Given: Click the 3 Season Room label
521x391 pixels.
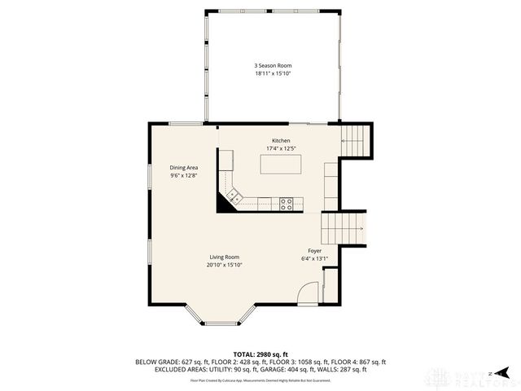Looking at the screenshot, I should click(272, 65).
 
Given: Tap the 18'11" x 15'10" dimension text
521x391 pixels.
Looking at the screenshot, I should click(272, 73).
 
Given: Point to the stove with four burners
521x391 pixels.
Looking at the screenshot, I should click(287, 203).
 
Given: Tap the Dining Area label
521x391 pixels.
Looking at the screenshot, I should click(184, 168).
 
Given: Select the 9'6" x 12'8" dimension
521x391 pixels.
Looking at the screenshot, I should click(184, 176).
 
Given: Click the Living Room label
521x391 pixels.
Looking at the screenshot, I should click(224, 257).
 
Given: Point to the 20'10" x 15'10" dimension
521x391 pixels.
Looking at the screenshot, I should click(224, 265).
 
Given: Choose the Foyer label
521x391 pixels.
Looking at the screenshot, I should click(314, 251).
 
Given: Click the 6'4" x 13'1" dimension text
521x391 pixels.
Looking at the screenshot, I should click(314, 259).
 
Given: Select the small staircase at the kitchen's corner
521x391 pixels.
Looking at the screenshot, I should click(354, 139).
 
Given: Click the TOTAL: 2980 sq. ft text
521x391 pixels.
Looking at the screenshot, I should click(260, 354).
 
